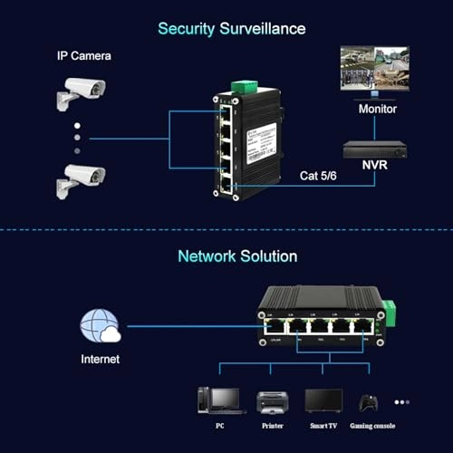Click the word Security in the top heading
tap(187, 28)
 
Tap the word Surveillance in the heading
tap(263, 28)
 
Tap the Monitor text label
tap(378, 108)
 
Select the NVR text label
tap(376, 167)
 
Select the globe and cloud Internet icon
tap(99, 326)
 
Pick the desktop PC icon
tap(220, 400)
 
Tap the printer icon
tap(272, 400)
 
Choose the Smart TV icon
tap(323, 400)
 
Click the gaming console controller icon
tap(368, 401)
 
